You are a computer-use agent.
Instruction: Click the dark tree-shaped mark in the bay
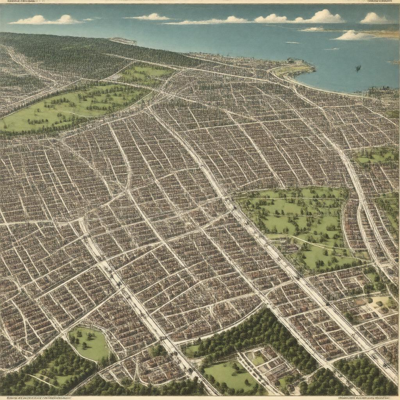(x=358, y=69)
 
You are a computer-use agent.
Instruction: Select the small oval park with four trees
(x=89, y=343)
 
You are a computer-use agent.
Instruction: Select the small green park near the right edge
(x=375, y=156)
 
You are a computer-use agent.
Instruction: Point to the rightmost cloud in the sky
(x=373, y=18)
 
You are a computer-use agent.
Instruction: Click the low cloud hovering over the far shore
(x=354, y=36)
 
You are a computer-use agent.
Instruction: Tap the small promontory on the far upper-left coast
(x=123, y=41)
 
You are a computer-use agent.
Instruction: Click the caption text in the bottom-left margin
(x=35, y=398)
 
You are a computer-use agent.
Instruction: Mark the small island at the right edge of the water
(x=394, y=62)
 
